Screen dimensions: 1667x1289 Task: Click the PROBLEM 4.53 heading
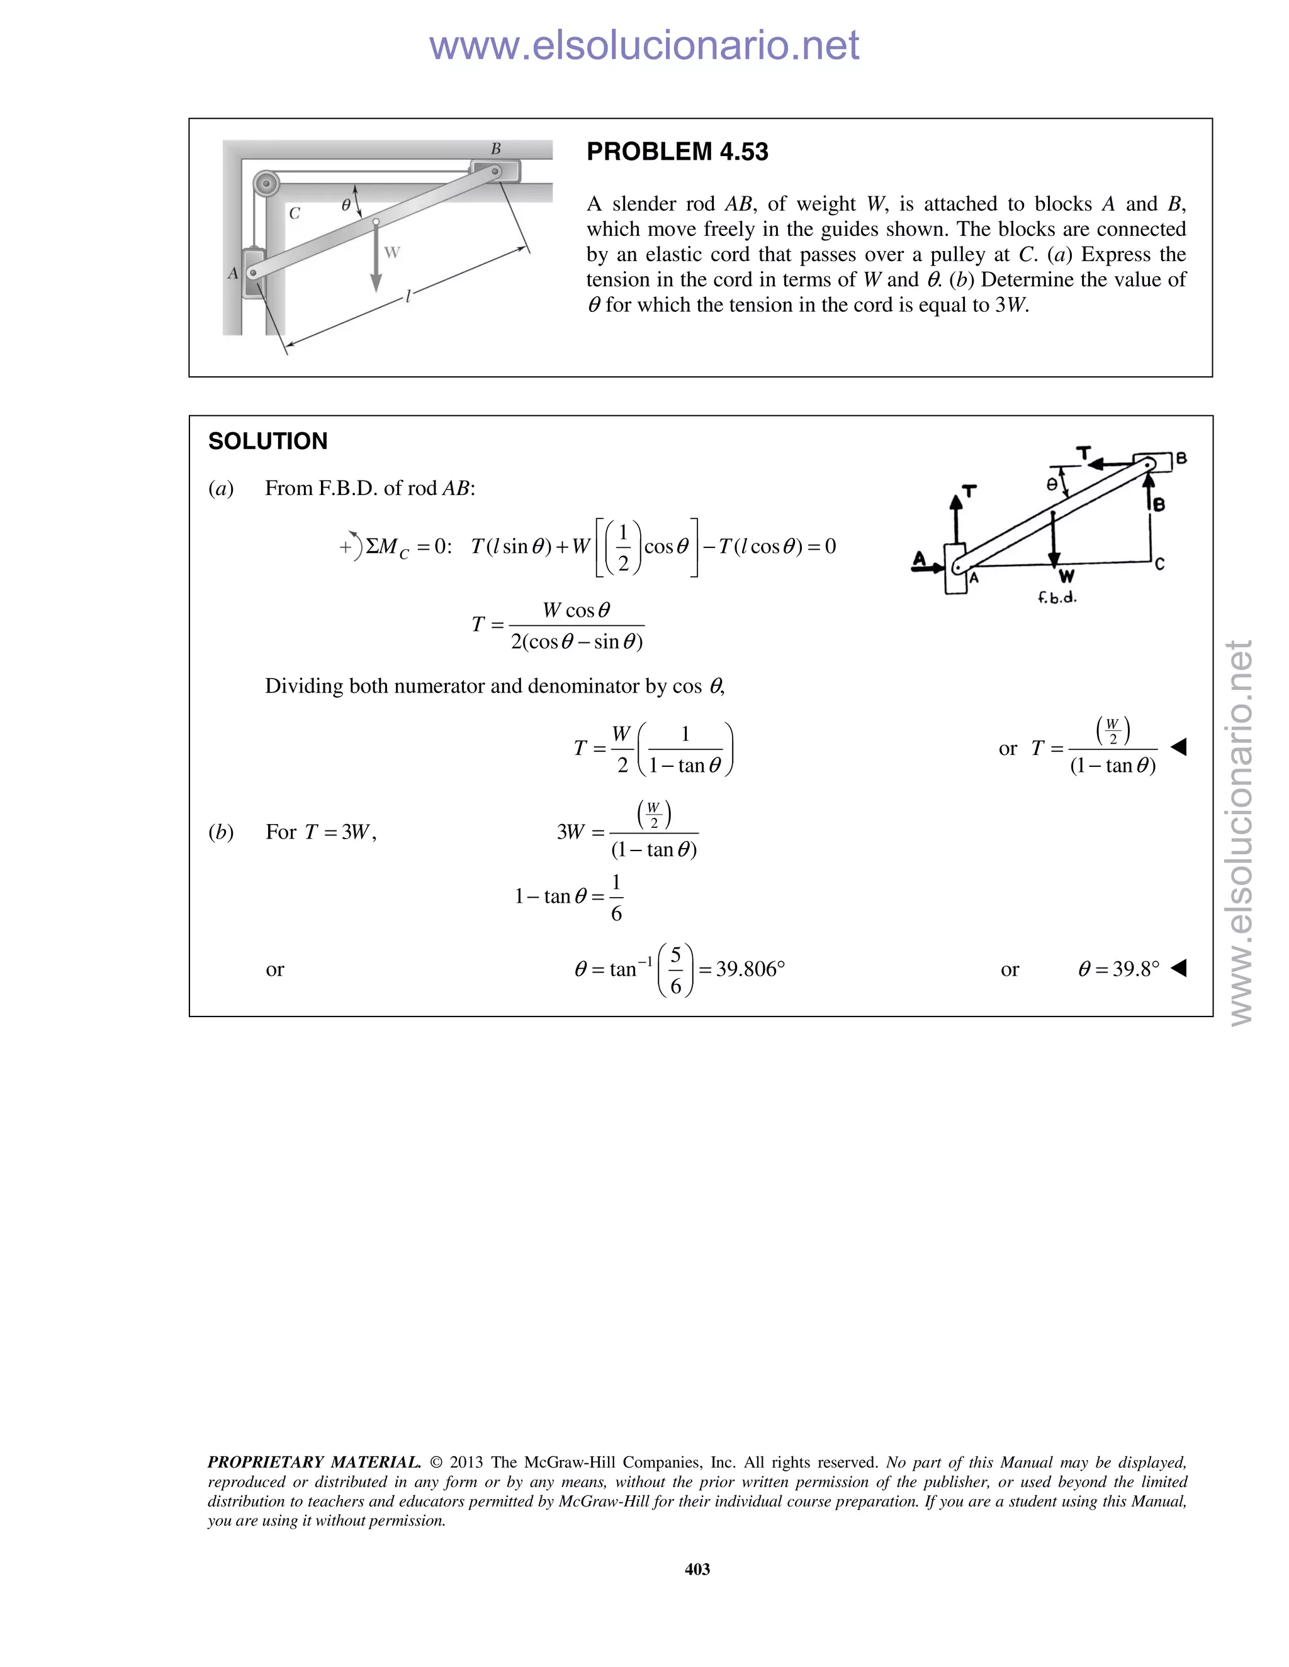(677, 152)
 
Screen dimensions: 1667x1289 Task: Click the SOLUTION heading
(267, 441)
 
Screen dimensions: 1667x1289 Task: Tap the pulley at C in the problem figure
(266, 183)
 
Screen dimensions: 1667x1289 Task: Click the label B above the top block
(495, 149)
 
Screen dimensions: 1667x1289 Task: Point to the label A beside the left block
(233, 273)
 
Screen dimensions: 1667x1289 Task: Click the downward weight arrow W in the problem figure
(376, 260)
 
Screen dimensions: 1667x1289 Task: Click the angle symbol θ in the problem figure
(346, 204)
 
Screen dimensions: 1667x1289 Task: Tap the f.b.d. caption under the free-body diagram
(1057, 598)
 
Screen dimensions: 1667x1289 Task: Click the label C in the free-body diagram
(1159, 564)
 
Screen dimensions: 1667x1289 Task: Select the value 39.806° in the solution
(751, 969)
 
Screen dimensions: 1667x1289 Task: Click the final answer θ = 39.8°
(1118, 969)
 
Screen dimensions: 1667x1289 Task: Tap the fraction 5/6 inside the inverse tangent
(675, 970)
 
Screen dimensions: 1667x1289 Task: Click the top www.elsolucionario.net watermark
(644, 46)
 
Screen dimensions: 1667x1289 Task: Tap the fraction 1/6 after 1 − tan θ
(616, 898)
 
